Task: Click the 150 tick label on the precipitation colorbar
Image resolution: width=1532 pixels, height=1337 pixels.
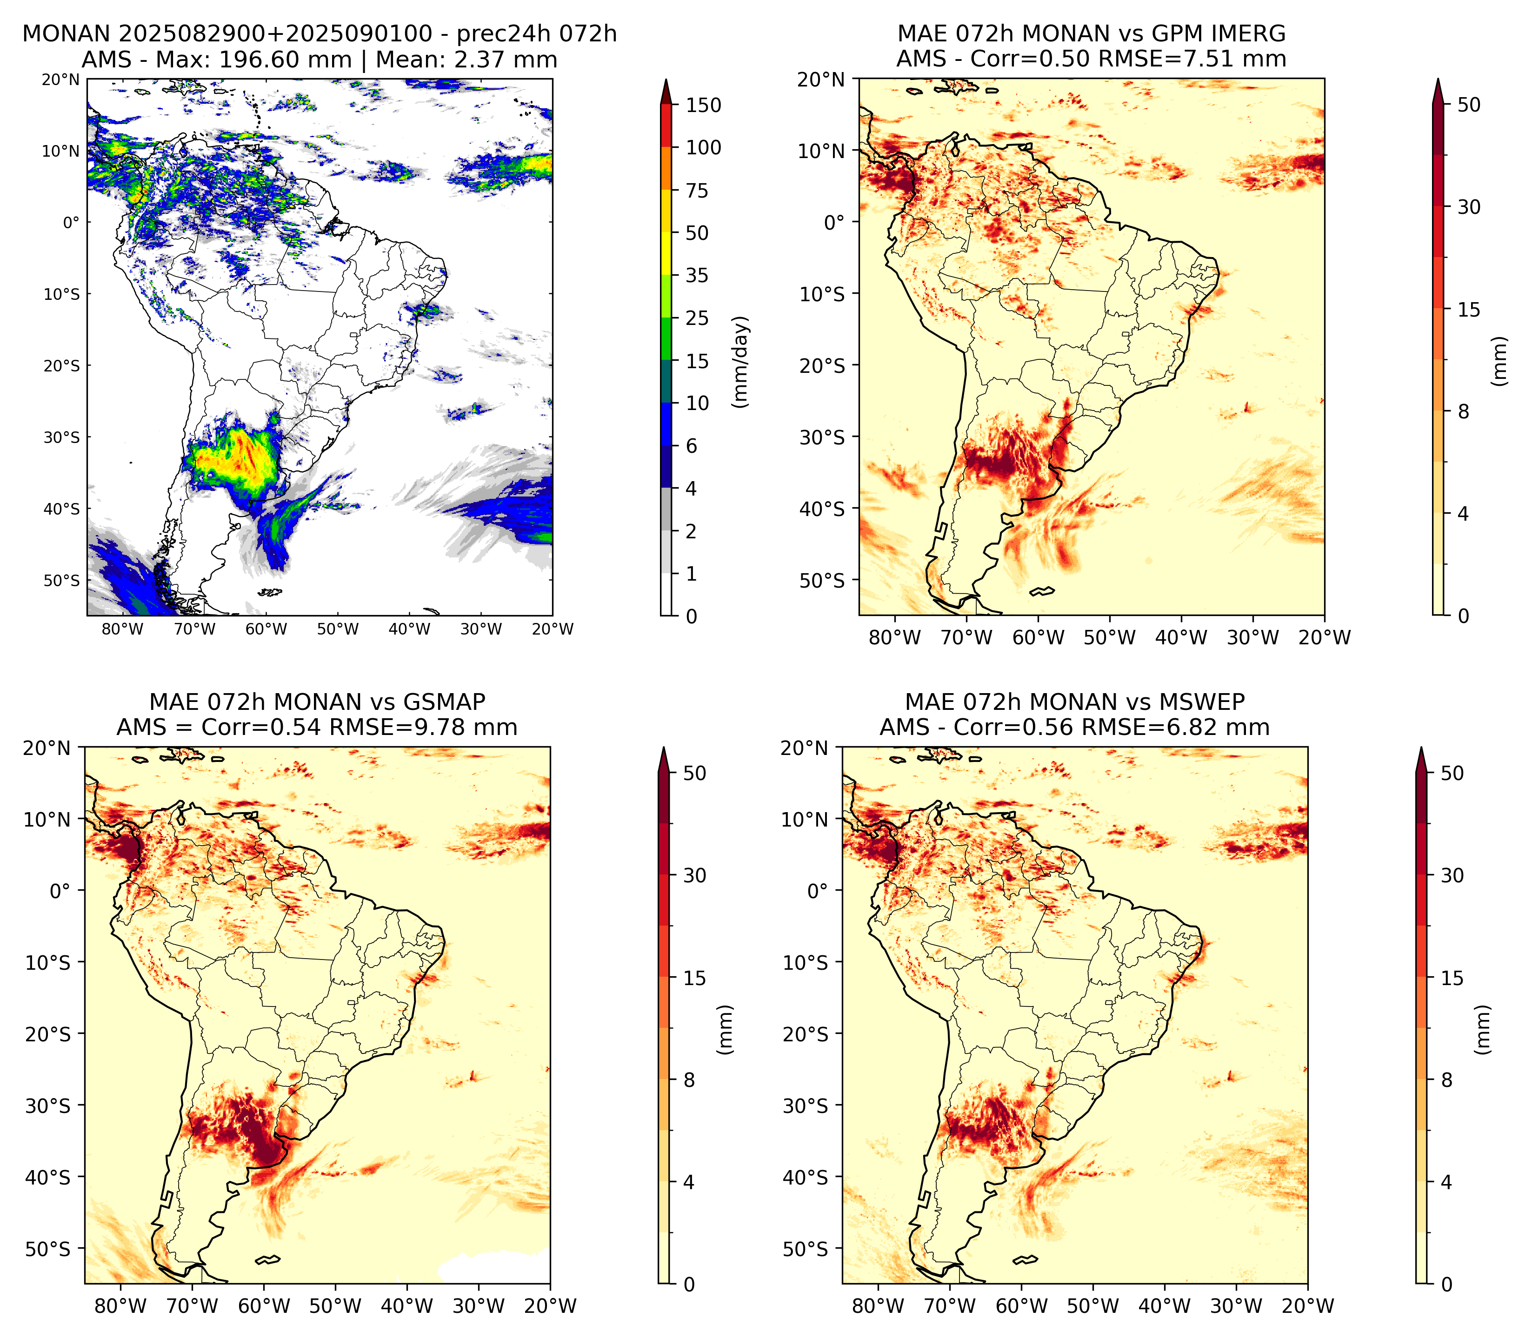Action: [704, 105]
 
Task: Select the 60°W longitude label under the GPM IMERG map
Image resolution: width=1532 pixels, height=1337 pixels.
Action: [1038, 638]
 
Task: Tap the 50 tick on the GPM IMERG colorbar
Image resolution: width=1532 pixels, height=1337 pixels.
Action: [1469, 105]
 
